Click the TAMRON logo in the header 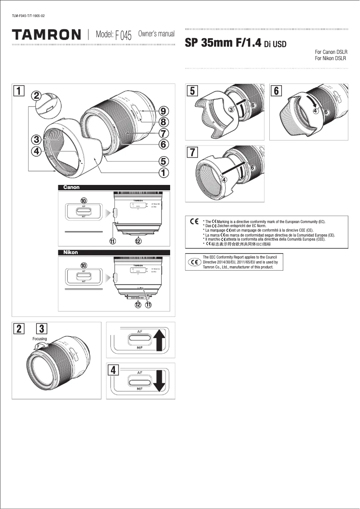47,35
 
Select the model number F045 123,35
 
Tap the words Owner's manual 156,34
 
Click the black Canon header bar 114,188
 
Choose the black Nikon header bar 114,252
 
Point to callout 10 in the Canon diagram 83,200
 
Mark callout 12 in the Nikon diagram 138,305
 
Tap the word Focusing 40,338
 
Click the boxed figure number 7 192,152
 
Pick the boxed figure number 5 192,90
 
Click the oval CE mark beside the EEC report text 194,262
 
